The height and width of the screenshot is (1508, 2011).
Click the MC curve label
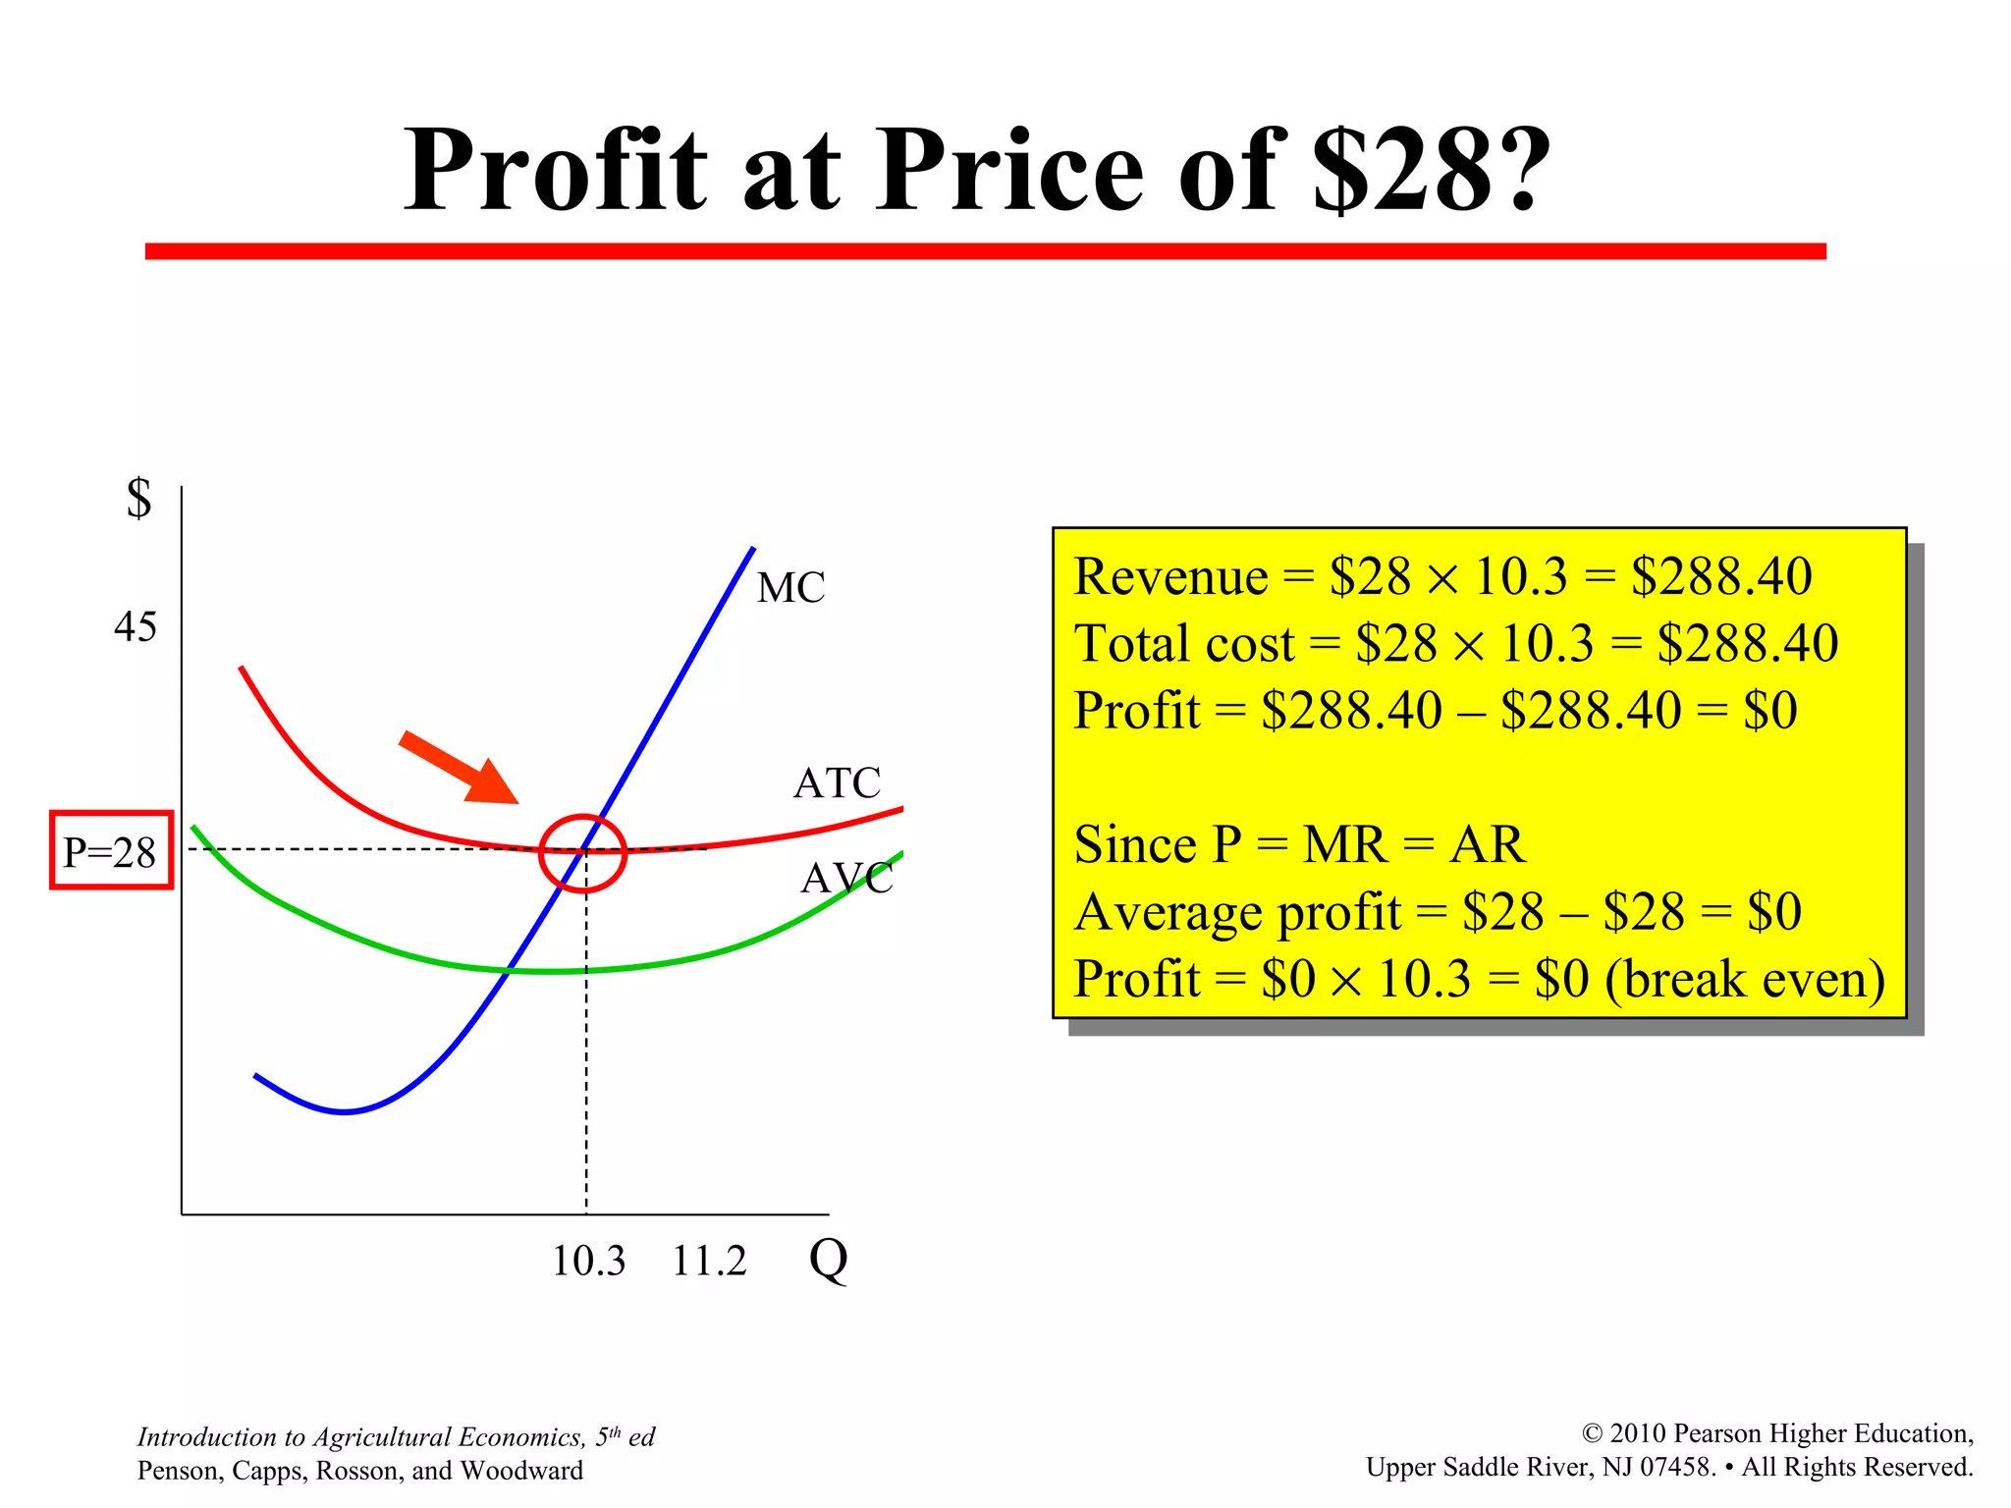pyautogui.click(x=790, y=588)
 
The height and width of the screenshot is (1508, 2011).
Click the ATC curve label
pyautogui.click(x=837, y=783)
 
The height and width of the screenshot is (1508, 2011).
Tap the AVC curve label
pyautogui.click(x=846, y=879)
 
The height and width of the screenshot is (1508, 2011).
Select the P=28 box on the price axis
pyautogui.click(x=111, y=851)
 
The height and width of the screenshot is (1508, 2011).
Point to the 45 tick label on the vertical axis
pyautogui.click(x=135, y=627)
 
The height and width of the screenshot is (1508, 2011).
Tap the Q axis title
pyautogui.click(x=828, y=1258)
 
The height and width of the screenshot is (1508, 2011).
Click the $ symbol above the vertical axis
pyautogui.click(x=139, y=498)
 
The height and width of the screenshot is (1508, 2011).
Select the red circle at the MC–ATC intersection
pyautogui.click(x=582, y=853)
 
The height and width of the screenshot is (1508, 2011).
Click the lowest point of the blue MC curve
pyautogui.click(x=344, y=1111)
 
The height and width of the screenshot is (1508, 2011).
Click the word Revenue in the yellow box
pyautogui.click(x=1170, y=576)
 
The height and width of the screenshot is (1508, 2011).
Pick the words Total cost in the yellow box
pyautogui.click(x=1184, y=644)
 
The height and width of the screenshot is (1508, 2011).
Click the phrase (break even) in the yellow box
pyautogui.click(x=1745, y=980)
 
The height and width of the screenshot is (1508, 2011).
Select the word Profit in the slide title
pyautogui.click(x=556, y=170)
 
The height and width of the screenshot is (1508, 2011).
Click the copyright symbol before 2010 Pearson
pyautogui.click(x=1592, y=1434)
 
